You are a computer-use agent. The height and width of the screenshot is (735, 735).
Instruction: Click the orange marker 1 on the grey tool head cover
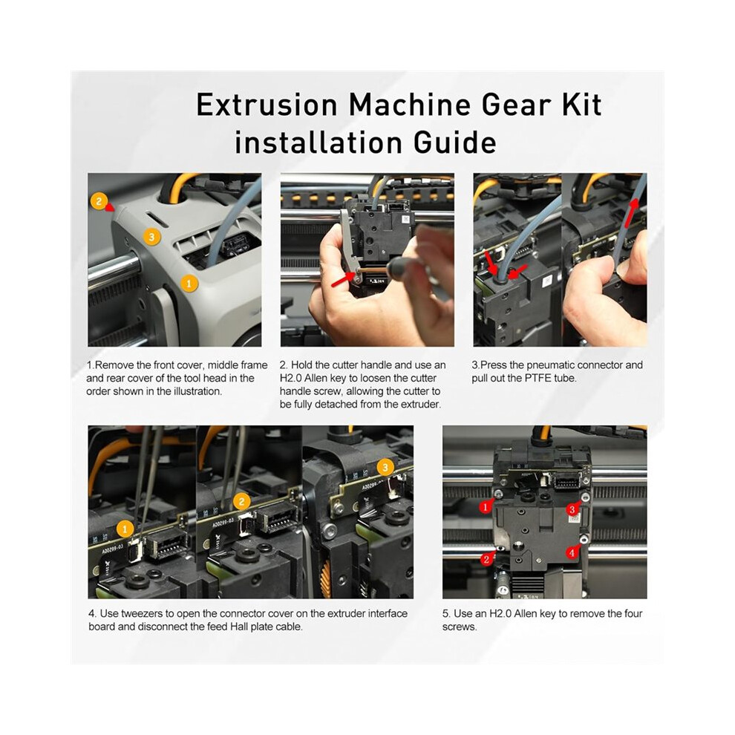pos(189,283)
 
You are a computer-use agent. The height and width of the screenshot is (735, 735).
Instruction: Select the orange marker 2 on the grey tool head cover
pos(99,201)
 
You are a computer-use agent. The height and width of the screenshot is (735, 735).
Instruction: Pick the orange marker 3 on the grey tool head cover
pos(151,237)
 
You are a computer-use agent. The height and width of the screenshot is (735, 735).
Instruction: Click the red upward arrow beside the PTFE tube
pos(631,213)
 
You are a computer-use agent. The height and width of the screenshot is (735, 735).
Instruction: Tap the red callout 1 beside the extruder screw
pos(486,506)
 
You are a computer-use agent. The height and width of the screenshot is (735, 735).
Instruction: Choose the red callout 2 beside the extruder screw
pos(487,559)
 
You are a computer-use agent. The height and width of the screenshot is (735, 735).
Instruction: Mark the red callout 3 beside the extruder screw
pos(572,509)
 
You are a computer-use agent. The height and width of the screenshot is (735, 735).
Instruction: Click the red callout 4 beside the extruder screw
pos(572,552)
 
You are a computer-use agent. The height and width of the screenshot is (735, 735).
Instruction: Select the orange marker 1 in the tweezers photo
pos(125,529)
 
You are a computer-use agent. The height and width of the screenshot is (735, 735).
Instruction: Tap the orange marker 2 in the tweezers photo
pos(242,502)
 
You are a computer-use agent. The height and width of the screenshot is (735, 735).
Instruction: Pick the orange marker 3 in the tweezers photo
pos(385,467)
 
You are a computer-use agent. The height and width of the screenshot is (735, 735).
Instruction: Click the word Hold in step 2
pos(302,365)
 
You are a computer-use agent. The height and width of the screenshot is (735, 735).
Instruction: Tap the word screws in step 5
pos(460,627)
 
